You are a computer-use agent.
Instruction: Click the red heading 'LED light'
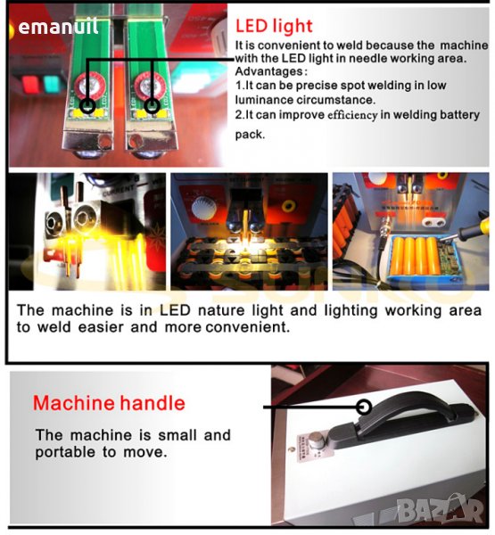tap(274, 26)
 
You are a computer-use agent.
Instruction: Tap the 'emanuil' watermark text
tap(58, 27)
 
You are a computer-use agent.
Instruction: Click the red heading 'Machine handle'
tap(109, 403)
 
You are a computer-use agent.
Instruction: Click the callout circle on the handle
tap(364, 407)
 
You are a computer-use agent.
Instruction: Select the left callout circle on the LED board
tap(87, 105)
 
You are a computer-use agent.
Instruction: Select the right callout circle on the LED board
tap(152, 106)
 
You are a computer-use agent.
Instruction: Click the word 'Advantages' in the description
tap(269, 71)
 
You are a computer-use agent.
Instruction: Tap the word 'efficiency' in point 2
tap(352, 115)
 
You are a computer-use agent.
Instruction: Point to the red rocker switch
tap(30, 85)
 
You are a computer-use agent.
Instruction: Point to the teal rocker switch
tap(51, 84)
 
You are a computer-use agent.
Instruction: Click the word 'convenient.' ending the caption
tap(248, 327)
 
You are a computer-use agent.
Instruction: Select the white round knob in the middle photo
tap(204, 207)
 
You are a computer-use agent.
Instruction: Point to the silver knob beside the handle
tap(316, 439)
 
